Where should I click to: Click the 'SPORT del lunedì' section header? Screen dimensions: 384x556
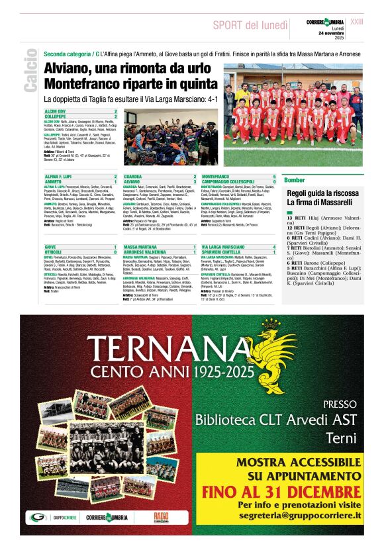(250, 25)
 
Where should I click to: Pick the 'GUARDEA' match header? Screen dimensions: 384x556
(134, 175)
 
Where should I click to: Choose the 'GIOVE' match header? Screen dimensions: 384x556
(50, 246)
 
